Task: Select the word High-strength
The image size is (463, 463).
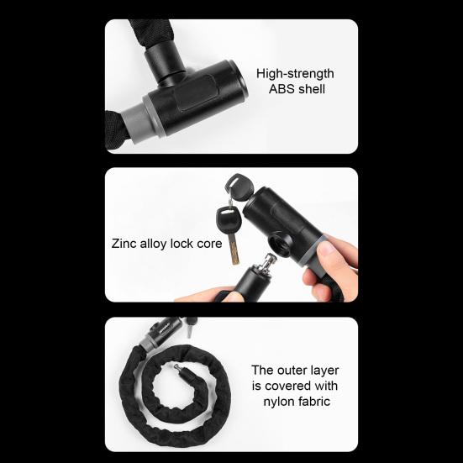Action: click(x=295, y=74)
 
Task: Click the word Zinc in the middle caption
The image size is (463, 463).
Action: click(x=125, y=245)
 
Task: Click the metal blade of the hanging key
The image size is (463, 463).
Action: click(x=235, y=249)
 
